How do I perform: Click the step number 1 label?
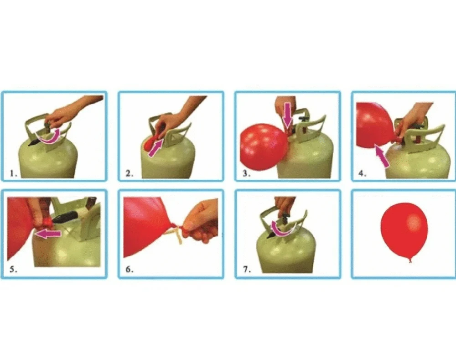pos(13,174)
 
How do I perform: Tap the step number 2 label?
pos(130,174)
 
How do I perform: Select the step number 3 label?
pos(247,174)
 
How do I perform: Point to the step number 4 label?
pos(363,174)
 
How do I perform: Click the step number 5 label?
pos(13,270)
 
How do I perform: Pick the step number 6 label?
pos(130,270)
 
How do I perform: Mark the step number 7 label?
pos(247,270)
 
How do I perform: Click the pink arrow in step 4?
pos(382,157)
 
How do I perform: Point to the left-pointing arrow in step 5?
pos(47,234)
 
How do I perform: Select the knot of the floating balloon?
pos(410,260)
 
